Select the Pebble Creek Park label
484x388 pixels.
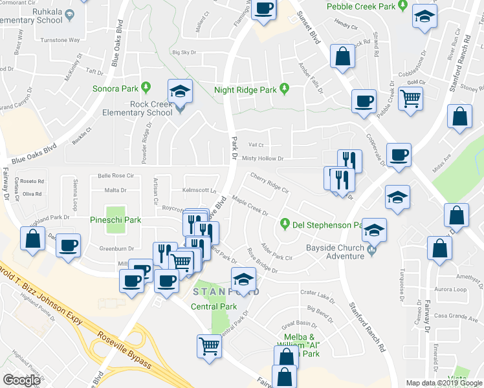(361, 6)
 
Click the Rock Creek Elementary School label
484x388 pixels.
(133, 108)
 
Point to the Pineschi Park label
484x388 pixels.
(116, 220)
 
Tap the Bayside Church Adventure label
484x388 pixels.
(336, 252)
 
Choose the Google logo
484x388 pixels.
(21, 380)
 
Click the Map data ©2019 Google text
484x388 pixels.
(443, 383)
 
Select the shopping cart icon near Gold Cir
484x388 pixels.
(410, 100)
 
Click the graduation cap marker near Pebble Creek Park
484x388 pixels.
(423, 19)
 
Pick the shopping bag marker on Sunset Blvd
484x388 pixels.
(342, 56)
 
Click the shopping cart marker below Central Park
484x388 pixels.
(209, 345)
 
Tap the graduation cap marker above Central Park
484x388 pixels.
(243, 279)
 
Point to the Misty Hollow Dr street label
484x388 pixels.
(262, 158)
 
